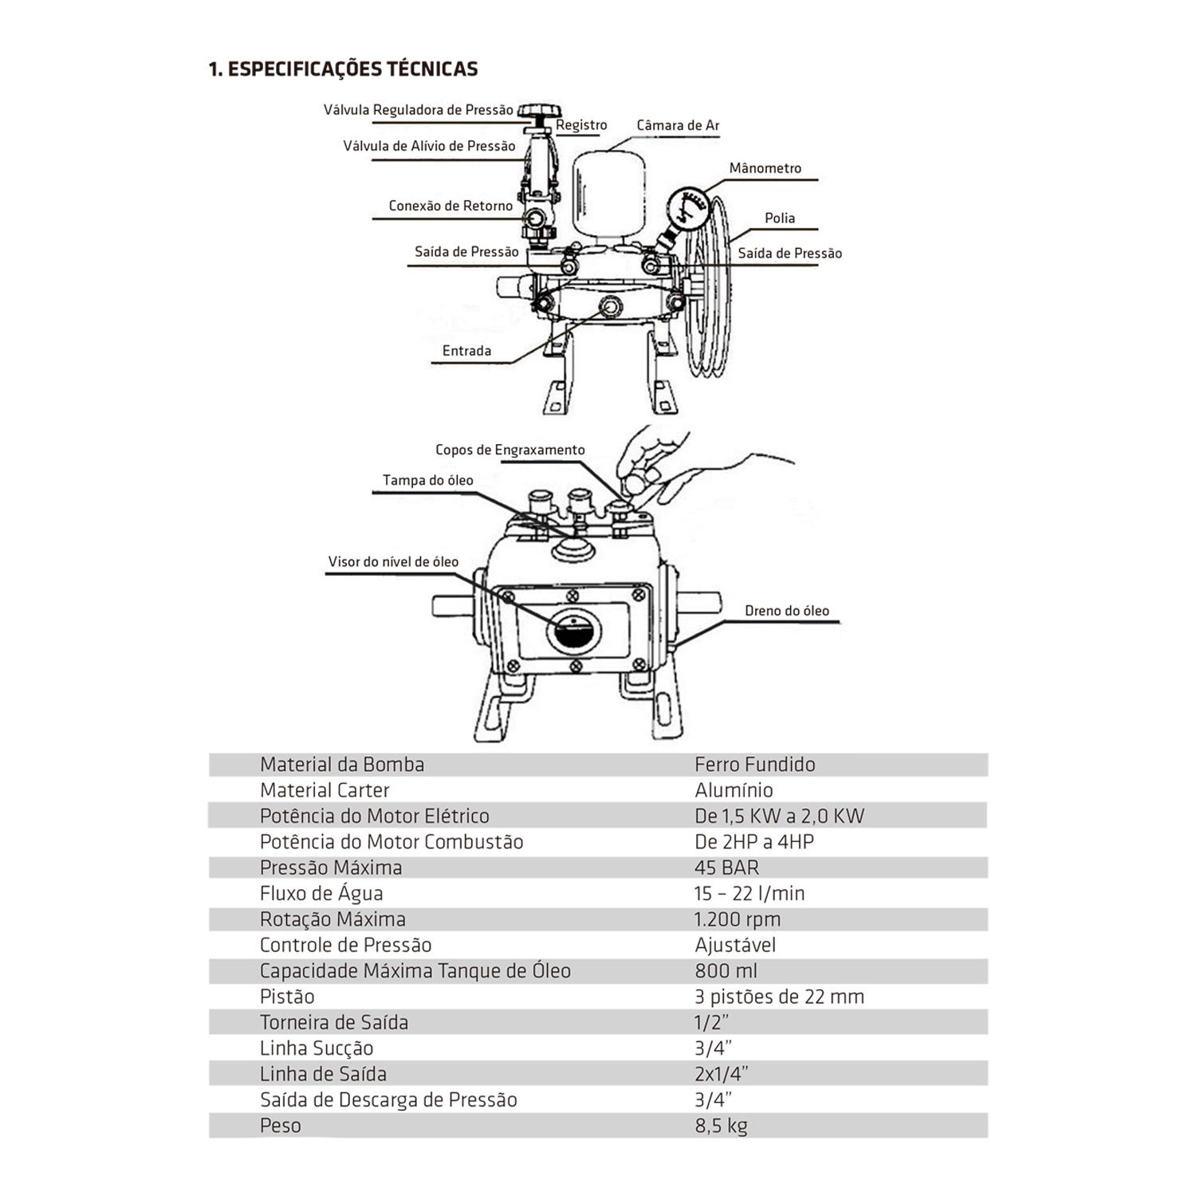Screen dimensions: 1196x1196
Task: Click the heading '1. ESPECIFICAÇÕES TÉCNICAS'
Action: click(343, 69)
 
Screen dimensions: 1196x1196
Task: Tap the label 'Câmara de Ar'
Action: click(678, 125)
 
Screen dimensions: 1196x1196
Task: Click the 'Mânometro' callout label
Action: click(765, 168)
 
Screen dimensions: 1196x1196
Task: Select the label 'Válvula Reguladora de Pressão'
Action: click(418, 110)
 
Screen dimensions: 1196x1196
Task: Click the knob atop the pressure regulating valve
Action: click(540, 111)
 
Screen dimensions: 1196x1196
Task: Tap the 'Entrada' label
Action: click(466, 351)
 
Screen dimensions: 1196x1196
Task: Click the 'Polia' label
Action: click(779, 218)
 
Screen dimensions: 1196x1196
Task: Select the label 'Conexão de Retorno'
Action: click(450, 206)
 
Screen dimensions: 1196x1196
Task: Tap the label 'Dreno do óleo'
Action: click(786, 611)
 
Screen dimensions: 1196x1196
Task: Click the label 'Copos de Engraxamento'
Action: click(509, 450)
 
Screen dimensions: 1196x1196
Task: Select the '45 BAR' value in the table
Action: click(726, 867)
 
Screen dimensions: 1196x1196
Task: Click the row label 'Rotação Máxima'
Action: click(332, 919)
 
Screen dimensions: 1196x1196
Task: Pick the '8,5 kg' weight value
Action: click(721, 1126)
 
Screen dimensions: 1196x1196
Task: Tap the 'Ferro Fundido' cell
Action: click(754, 765)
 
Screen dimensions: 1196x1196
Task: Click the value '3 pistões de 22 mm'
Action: click(779, 997)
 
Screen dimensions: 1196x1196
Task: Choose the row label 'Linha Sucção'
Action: click(317, 1048)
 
